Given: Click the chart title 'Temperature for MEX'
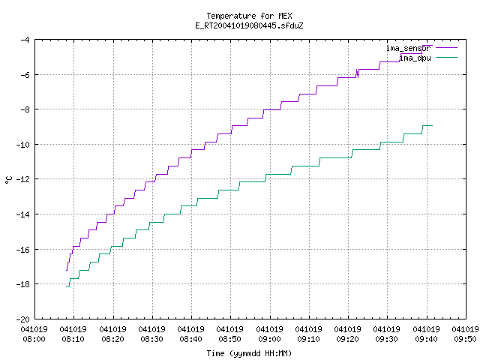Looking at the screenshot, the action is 249,16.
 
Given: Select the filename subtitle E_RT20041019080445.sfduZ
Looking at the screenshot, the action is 249,25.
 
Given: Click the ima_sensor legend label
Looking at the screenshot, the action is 408,48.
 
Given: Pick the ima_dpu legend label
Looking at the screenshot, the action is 415,58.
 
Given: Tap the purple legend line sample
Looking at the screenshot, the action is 446,48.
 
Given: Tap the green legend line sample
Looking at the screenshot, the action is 446,58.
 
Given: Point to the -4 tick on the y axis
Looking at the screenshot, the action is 25,40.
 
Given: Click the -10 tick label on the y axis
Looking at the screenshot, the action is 22,145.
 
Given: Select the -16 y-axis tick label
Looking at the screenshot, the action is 22,250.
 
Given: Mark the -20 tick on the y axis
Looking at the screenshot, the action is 22,319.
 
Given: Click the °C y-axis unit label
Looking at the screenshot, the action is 8,180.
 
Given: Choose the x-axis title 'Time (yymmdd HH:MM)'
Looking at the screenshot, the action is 249,353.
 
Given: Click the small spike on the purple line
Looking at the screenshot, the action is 357,73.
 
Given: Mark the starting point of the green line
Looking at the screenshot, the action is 67,286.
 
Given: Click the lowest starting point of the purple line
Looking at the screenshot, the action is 67,270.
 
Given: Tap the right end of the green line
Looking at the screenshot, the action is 432,125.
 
